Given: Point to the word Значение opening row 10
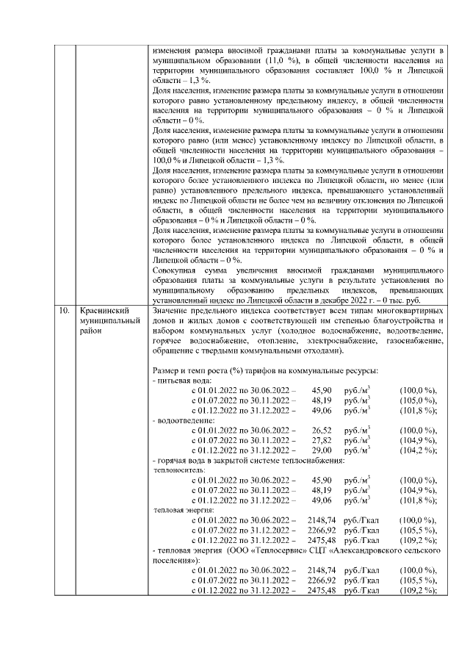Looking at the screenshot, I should tap(169, 312).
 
